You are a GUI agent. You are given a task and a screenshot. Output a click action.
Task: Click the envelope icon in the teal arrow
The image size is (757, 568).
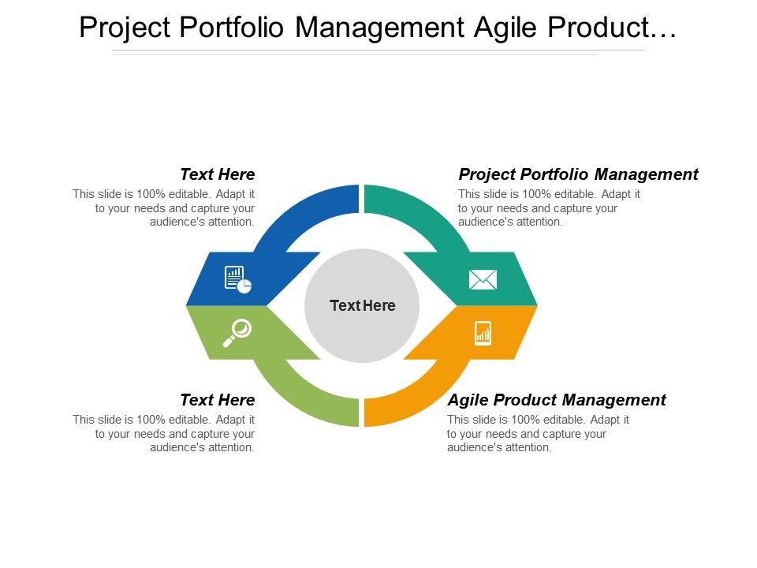pos(483,279)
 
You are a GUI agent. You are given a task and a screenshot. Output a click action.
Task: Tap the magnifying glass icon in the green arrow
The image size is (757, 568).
pos(237,332)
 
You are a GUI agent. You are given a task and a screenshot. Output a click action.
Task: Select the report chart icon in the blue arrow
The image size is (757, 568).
pos(237,279)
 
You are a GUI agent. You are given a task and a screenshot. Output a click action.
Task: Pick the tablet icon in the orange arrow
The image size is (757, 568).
pos(483,333)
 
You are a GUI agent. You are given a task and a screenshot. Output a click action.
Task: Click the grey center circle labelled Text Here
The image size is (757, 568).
pos(362,305)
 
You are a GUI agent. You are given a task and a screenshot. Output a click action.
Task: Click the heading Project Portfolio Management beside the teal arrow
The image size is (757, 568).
pos(578,174)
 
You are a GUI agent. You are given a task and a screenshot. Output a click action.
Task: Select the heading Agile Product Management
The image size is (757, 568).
pos(557,400)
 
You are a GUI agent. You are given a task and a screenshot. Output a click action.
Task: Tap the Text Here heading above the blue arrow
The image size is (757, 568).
pos(218,174)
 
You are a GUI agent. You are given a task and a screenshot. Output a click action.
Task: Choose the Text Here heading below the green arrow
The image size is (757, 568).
pos(218,400)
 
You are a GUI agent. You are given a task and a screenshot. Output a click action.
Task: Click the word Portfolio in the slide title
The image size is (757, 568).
pos(237,28)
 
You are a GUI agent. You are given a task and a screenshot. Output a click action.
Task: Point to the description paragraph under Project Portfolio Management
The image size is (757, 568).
pos(549,208)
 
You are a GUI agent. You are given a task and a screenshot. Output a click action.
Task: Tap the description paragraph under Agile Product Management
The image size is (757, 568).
pos(538,434)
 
